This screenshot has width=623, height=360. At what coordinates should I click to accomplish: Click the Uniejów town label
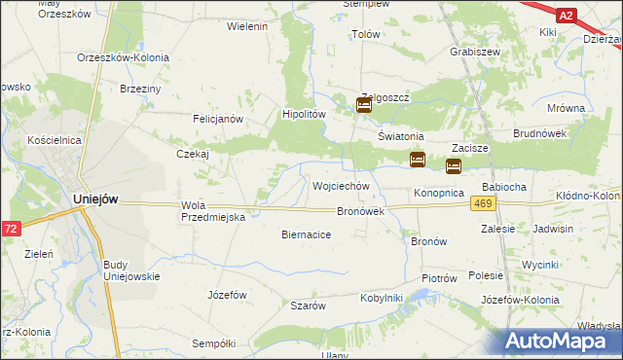point(95,198)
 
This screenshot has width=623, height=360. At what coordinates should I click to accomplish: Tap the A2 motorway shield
point(567,16)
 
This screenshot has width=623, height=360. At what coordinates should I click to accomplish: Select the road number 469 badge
point(483,202)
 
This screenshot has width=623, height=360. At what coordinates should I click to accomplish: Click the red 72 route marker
point(10,228)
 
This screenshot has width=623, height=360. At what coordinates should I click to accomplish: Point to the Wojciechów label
point(340,185)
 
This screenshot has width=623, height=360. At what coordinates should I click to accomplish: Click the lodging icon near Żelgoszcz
point(364,106)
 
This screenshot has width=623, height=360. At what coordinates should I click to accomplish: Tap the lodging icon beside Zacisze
point(454,166)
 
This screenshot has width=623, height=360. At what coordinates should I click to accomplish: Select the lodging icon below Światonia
point(418,159)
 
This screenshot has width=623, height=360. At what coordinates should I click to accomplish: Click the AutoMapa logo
point(564,340)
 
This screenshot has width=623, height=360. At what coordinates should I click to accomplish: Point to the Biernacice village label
point(307,234)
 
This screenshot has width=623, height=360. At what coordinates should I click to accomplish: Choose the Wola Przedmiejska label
point(214,211)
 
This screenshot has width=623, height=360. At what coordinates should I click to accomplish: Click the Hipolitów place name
point(302,113)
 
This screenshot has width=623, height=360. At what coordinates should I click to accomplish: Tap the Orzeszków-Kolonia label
point(123,57)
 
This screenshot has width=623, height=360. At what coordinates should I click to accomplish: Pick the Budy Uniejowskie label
point(129,270)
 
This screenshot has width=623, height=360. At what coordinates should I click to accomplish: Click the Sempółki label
point(214,343)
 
